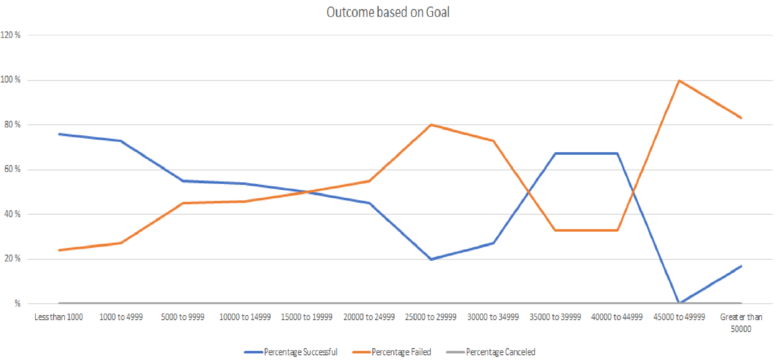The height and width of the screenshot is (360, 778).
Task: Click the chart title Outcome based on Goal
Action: coord(388,12)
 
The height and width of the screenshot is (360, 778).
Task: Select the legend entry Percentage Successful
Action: coord(300,352)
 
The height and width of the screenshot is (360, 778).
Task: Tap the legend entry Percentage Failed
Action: coord(401,352)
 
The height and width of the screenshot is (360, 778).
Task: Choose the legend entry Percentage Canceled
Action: coord(500,352)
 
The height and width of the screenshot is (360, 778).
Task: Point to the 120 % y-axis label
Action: coord(10,35)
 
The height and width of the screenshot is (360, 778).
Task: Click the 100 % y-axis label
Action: coord(10,79)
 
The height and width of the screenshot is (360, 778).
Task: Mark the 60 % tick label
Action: coord(12,169)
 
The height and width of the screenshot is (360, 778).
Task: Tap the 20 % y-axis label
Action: coord(12,259)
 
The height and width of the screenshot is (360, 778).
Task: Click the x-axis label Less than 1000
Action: coord(59,317)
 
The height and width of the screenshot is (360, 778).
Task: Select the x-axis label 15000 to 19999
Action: coord(306,317)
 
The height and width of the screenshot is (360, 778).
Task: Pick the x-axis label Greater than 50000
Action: coord(741,323)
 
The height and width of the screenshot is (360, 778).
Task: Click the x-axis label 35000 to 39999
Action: coord(555,317)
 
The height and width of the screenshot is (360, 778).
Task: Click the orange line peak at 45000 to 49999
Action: coord(679,81)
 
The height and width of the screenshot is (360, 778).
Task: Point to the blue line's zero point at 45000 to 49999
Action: coord(679,303)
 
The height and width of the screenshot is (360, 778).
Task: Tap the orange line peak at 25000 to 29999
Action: coord(431,125)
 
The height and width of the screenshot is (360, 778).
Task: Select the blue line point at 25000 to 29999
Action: coord(431,259)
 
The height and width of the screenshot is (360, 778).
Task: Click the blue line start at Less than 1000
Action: coord(59,134)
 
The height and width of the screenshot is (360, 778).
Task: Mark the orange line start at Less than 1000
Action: coord(59,250)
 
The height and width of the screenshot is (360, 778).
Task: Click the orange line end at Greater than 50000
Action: coord(741,118)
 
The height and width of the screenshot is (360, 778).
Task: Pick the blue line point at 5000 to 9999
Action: coord(183,181)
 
